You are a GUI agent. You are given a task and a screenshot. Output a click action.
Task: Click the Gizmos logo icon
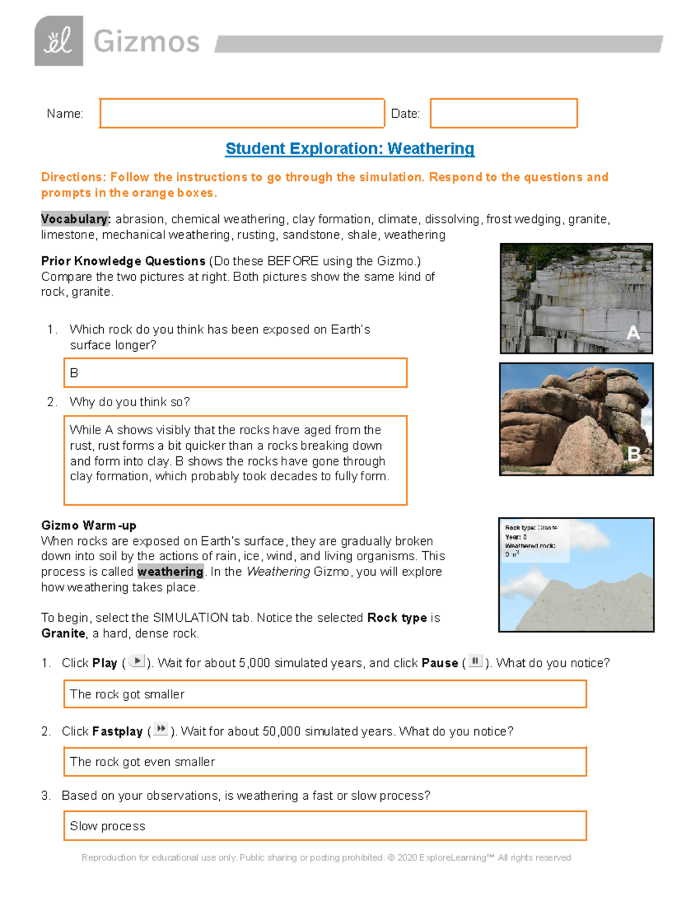pyautogui.click(x=58, y=41)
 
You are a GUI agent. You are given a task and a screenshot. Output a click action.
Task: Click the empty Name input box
pyautogui.click(x=242, y=113)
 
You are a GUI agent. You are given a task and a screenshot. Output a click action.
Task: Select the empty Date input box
pyautogui.click(x=503, y=113)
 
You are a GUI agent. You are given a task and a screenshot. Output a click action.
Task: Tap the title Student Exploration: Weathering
pyautogui.click(x=349, y=149)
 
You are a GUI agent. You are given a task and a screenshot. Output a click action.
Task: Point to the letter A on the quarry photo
pyautogui.click(x=633, y=333)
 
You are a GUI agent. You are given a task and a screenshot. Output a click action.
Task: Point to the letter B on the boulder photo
pyautogui.click(x=633, y=454)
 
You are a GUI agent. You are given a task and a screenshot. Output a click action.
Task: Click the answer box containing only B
pyautogui.click(x=235, y=373)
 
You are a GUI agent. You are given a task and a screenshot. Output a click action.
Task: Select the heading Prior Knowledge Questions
pyautogui.click(x=123, y=261)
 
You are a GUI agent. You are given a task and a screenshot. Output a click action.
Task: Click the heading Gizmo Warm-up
pyautogui.click(x=89, y=525)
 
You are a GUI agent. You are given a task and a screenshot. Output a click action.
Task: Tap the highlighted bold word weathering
pyautogui.click(x=170, y=572)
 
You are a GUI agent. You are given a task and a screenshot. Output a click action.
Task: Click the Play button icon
pyautogui.click(x=136, y=662)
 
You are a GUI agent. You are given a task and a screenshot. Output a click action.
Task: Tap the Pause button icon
pyautogui.click(x=475, y=662)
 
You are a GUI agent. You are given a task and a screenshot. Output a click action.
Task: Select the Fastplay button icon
pyautogui.click(x=161, y=729)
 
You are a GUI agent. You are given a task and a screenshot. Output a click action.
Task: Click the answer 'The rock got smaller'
pyautogui.click(x=127, y=694)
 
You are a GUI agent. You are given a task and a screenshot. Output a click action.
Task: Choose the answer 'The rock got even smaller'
pyautogui.click(x=142, y=762)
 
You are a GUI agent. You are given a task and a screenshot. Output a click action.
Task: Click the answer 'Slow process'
pyautogui.click(x=108, y=826)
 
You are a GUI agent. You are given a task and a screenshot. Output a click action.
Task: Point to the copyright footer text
pyautogui.click(x=326, y=858)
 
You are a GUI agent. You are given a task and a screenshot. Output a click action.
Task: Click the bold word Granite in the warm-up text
pyautogui.click(x=63, y=634)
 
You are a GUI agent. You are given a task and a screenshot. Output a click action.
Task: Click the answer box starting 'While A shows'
pyautogui.click(x=235, y=460)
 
